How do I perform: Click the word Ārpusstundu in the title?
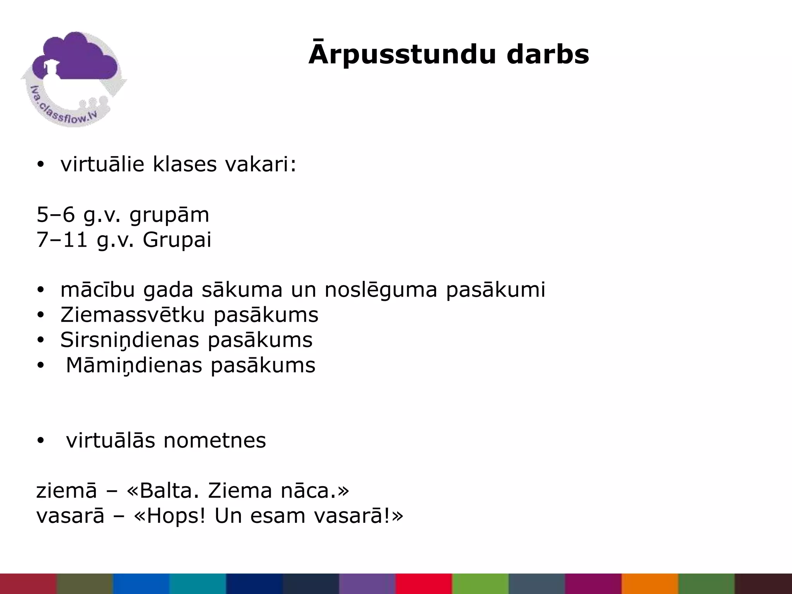coord(402,54)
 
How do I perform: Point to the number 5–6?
coord(56,215)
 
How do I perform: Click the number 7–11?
coord(62,240)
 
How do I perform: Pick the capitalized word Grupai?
coord(177,240)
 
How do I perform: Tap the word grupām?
coord(169,215)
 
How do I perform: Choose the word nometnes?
coord(215,440)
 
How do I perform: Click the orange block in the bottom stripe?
coord(650,584)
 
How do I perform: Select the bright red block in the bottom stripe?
coord(424,584)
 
